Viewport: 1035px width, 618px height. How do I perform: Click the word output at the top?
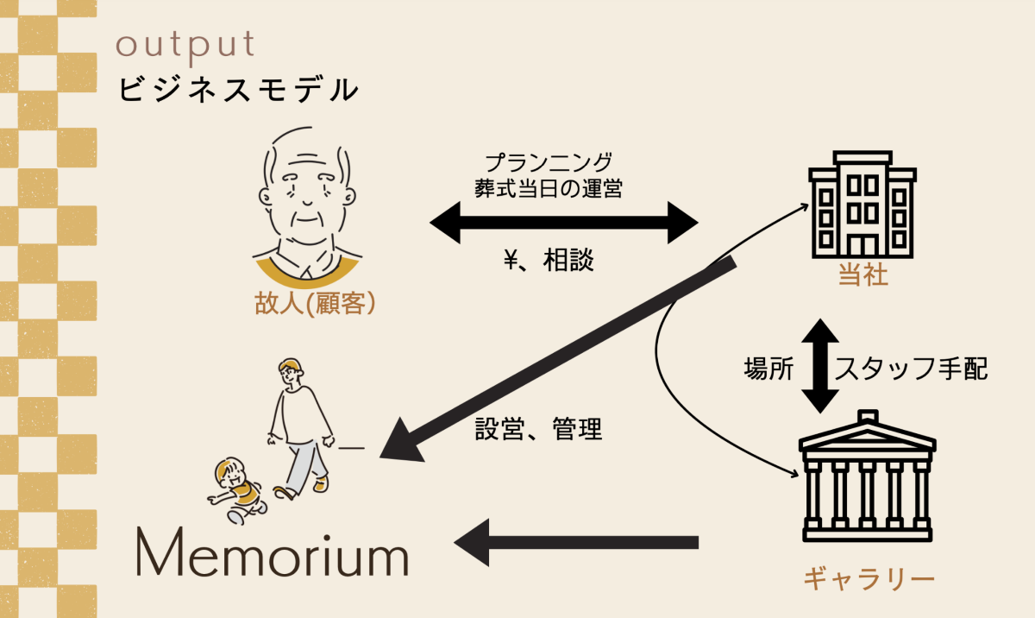(x=185, y=46)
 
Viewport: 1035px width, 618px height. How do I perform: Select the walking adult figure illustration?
(x=298, y=423)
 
